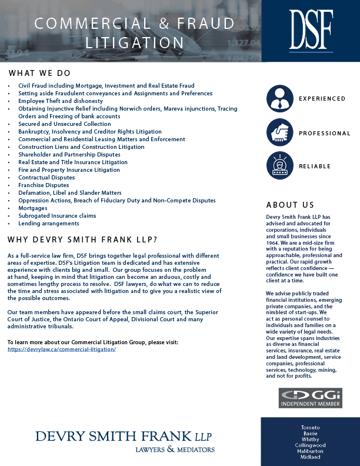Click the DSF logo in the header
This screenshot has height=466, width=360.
pyautogui.click(x=311, y=30)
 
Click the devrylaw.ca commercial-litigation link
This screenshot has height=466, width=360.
pyautogui.click(x=62, y=349)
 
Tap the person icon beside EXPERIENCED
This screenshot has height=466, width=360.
pyautogui.click(x=279, y=99)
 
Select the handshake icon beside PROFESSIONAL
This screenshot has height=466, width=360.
pyautogui.click(x=279, y=132)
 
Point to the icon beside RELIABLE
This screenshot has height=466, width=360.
pyautogui.click(x=279, y=166)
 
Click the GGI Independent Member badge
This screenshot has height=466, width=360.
pyautogui.click(x=310, y=398)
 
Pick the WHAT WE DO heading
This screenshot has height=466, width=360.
pyautogui.click(x=39, y=74)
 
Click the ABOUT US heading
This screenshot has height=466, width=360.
pyautogui.click(x=290, y=205)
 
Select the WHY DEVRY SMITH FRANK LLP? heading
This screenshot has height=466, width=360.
pyautogui.click(x=82, y=240)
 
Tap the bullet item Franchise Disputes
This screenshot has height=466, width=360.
pyautogui.click(x=44, y=185)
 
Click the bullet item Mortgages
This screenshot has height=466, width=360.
pyautogui.click(x=32, y=208)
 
